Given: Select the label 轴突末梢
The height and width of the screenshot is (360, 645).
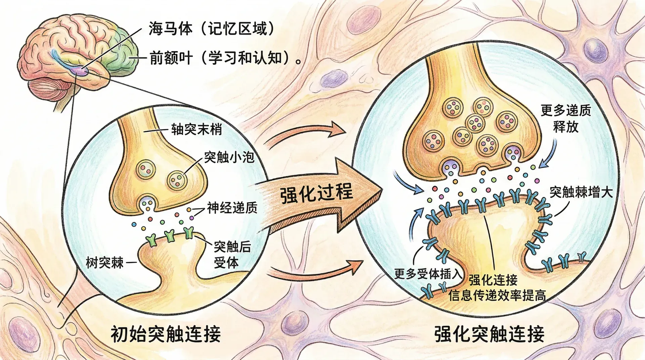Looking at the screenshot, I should tap(197, 129).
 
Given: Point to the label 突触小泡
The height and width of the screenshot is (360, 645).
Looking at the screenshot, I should tap(229, 157).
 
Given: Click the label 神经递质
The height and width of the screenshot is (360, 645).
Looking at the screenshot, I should tap(232, 208).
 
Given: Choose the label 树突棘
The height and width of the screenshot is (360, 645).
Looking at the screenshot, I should tap(105, 263).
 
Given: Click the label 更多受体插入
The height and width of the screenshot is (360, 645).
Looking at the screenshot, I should tap(428, 274).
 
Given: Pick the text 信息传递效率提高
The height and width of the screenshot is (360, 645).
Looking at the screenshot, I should tap(497, 296).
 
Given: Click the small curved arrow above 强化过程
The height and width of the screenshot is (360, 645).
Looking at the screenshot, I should tap(306, 134).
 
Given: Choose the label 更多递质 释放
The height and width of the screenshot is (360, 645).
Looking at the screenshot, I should tap(566, 119).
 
